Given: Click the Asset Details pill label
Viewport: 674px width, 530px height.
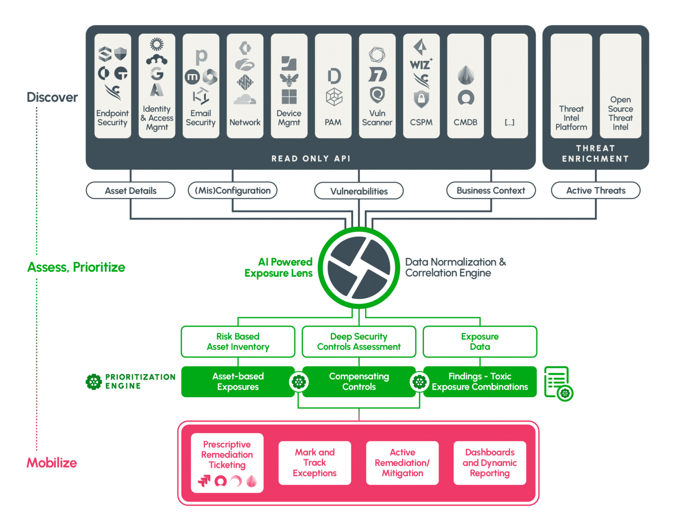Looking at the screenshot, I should pyautogui.click(x=131, y=191).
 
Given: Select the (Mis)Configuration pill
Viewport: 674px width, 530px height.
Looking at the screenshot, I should pyautogui.click(x=233, y=191).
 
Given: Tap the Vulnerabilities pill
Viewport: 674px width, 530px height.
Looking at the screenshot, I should pyautogui.click(x=359, y=191).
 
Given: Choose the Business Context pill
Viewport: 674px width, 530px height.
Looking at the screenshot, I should pyautogui.click(x=491, y=191).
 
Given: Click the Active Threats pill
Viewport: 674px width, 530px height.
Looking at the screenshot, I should pyautogui.click(x=595, y=191).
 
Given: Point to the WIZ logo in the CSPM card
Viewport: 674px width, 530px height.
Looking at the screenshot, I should pyautogui.click(x=420, y=64).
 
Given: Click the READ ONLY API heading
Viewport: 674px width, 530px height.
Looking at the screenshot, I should pyautogui.click(x=311, y=159).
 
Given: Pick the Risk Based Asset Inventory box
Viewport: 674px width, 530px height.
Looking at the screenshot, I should pyautogui.click(x=238, y=341).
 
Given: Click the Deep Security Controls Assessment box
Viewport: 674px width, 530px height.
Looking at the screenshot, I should pyautogui.click(x=359, y=341).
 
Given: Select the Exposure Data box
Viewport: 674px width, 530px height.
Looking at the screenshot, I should pyautogui.click(x=480, y=341).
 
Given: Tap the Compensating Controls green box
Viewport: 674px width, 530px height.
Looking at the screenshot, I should pyautogui.click(x=359, y=381).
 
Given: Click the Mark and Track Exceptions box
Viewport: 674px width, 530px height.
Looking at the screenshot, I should pyautogui.click(x=315, y=462).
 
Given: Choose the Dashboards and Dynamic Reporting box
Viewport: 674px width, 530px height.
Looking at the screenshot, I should pyautogui.click(x=489, y=462).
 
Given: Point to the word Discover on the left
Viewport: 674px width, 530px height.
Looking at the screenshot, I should pyautogui.click(x=52, y=97).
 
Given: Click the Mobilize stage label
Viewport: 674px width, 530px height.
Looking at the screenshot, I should pyautogui.click(x=52, y=462).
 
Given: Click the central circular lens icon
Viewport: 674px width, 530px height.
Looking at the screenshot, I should pyautogui.click(x=359, y=267).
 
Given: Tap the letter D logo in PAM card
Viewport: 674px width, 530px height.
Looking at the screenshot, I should pyautogui.click(x=334, y=76).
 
